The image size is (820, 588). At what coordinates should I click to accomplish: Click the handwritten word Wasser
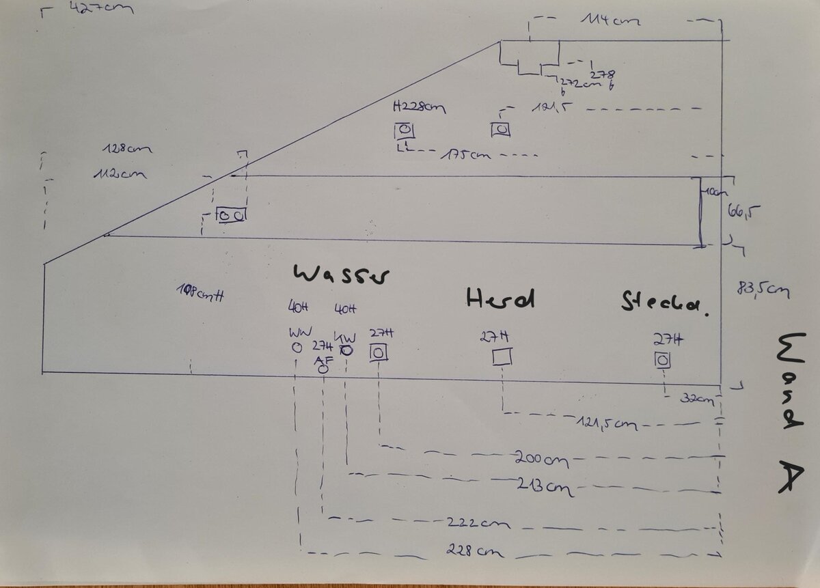point(342,275)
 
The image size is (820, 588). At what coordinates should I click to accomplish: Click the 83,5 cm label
point(759,290)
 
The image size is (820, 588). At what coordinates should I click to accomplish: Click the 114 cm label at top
point(610,21)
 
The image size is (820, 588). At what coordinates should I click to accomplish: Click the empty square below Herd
point(503,356)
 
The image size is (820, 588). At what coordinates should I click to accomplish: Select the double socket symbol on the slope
point(232,215)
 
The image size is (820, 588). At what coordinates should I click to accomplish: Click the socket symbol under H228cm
point(404,130)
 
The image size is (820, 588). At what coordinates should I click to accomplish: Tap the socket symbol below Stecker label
point(661,359)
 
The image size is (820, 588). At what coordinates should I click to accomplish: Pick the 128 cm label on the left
point(128,148)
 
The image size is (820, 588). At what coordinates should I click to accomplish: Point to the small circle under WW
point(297,347)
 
